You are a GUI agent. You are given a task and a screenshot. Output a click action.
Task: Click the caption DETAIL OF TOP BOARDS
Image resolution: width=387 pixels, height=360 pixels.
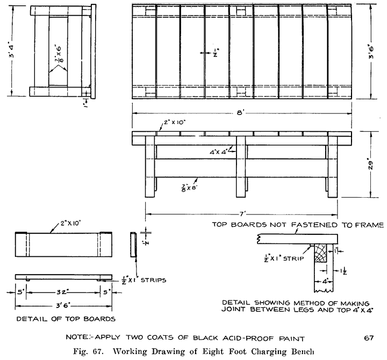coord(66,319)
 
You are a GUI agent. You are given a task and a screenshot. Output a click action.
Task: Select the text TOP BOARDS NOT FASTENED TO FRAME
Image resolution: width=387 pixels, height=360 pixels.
coord(298,225)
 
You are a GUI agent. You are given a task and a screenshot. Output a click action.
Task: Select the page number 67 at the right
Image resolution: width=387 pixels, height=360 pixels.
coord(368,338)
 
